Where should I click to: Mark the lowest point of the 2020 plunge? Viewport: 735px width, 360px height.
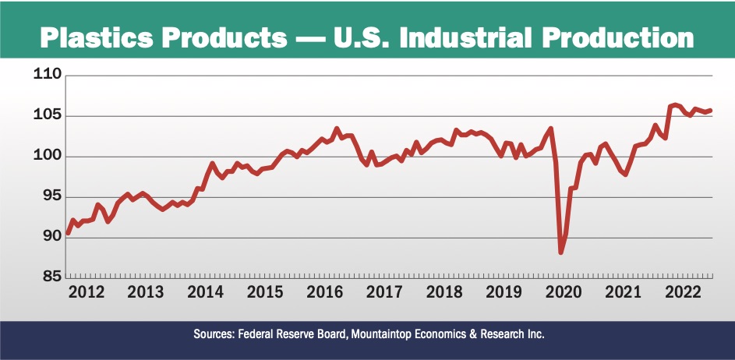(x=560, y=252)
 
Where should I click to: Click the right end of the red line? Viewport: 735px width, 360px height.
(x=711, y=111)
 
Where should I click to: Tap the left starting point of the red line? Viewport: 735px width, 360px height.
(x=68, y=233)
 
